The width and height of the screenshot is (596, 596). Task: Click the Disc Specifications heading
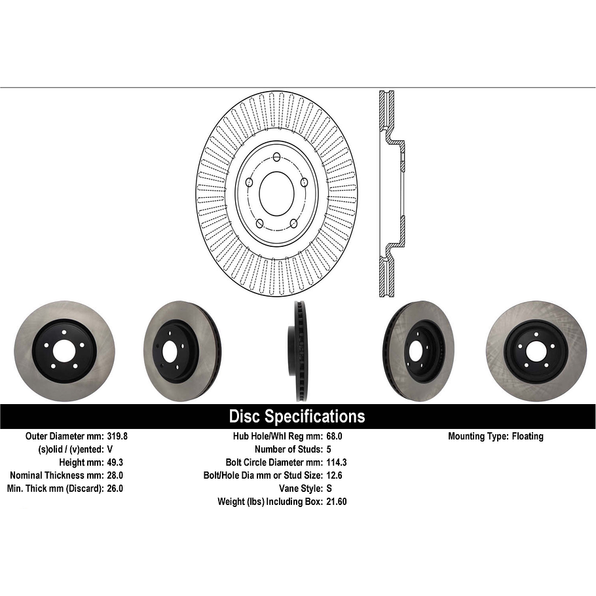tap(297, 417)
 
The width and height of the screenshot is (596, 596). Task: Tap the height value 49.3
tap(115, 462)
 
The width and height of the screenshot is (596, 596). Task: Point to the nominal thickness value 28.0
tap(115, 475)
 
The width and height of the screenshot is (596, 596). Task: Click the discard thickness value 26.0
tap(115, 489)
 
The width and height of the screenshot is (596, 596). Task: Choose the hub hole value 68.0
tap(334, 436)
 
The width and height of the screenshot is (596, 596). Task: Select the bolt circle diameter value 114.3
tap(336, 462)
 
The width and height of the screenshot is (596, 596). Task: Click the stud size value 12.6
tap(334, 475)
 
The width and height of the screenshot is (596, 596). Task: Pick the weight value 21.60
tap(337, 502)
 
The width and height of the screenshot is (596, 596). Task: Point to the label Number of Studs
tap(288, 449)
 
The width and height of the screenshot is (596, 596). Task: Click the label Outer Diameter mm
tap(64, 436)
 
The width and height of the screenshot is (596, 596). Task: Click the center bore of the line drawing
tap(276, 191)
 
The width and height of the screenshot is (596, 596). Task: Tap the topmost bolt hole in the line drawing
tap(276, 157)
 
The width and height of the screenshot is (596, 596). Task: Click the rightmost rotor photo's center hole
tap(535, 352)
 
